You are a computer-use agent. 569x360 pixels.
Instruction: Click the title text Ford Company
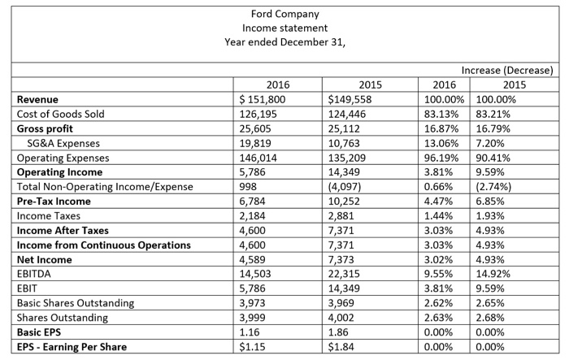(x=284, y=14)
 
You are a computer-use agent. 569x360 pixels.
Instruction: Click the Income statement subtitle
(x=284, y=28)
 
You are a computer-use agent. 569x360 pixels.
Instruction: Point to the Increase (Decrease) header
(x=506, y=71)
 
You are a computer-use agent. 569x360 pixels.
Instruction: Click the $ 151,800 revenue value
(x=259, y=99)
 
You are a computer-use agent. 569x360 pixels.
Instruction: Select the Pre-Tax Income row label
(x=55, y=202)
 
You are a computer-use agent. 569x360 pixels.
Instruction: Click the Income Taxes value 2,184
(x=250, y=216)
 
